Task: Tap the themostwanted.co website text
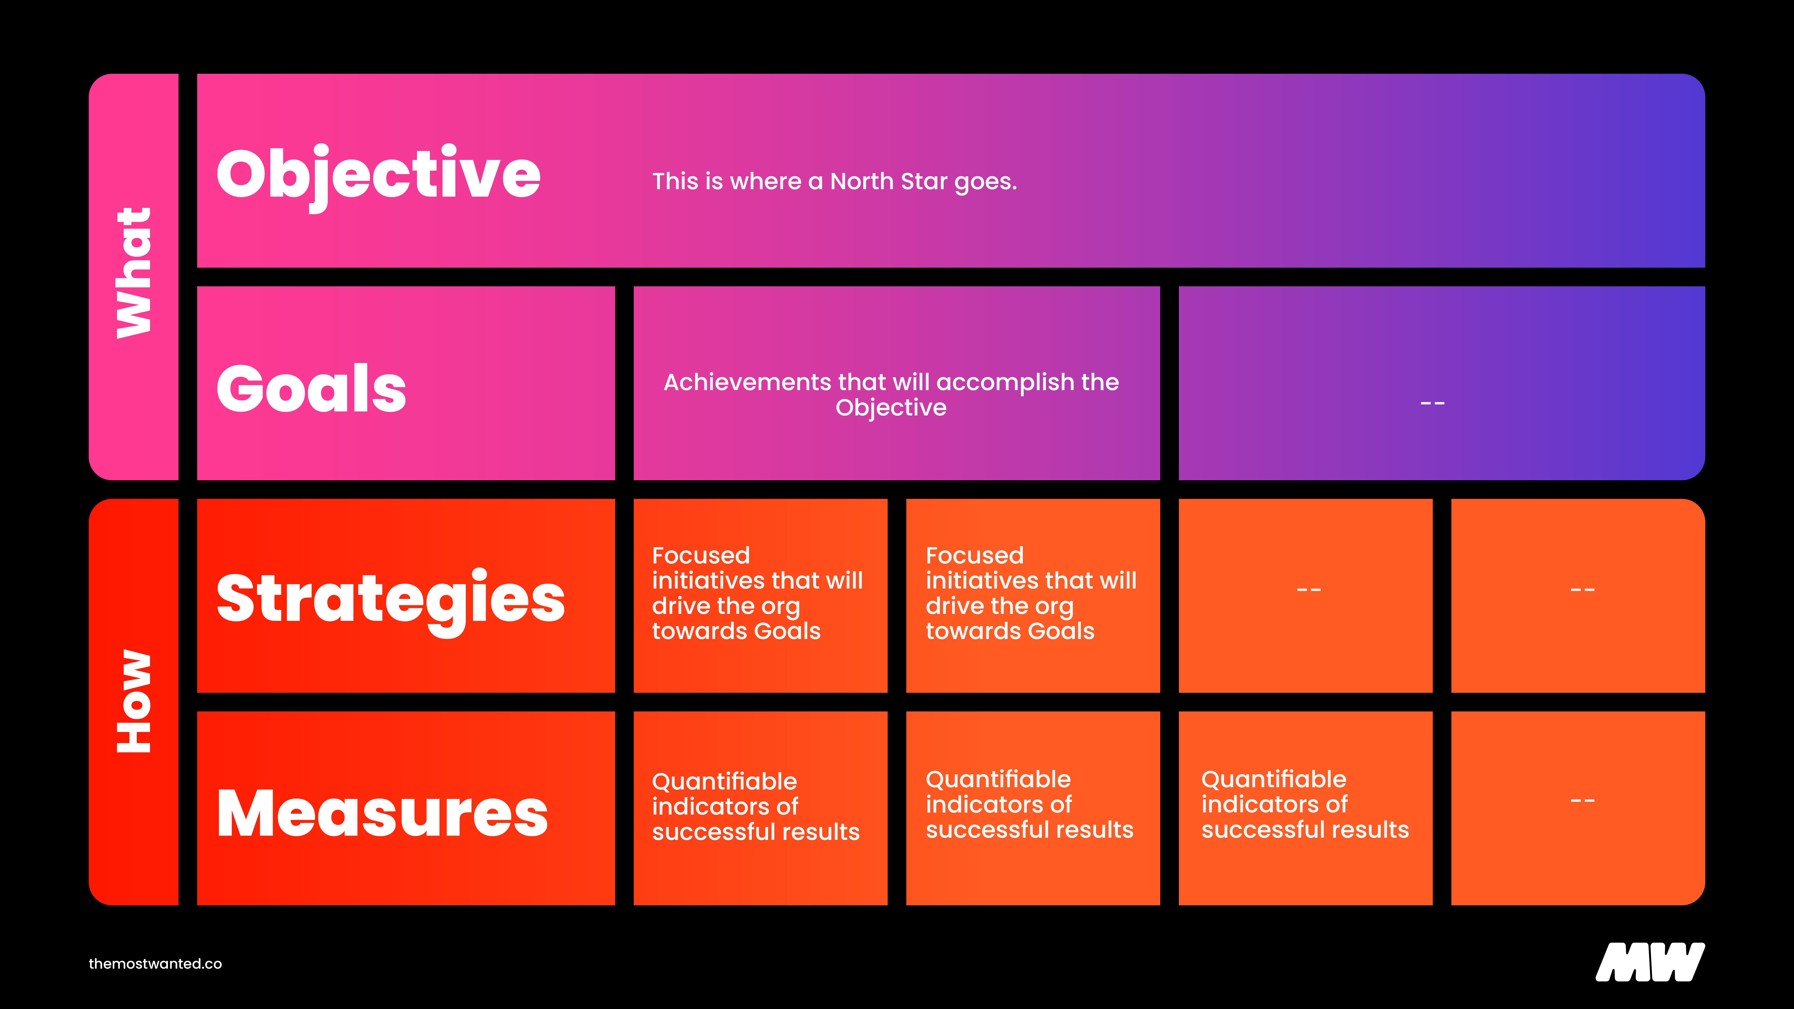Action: click(155, 964)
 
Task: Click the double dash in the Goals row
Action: click(1433, 403)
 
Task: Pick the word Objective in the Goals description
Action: click(891, 408)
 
